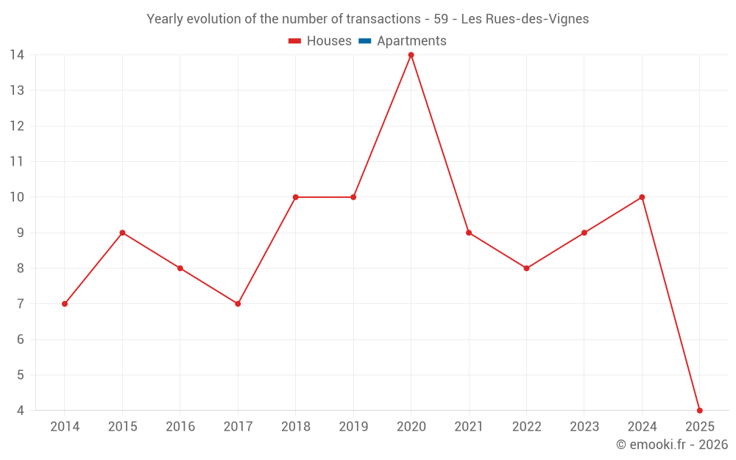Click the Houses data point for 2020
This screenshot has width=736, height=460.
point(411,55)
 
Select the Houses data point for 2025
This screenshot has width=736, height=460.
point(699,410)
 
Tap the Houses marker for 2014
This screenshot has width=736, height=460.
point(65,303)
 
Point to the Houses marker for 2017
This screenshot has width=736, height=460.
point(238,303)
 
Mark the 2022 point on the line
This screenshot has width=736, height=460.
point(526,268)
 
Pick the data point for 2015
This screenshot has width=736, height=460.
point(122,233)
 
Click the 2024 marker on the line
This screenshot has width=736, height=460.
point(642,197)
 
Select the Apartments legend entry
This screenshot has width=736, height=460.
point(411,41)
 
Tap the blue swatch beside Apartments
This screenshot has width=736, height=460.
point(364,41)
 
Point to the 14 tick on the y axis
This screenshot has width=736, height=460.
point(17,55)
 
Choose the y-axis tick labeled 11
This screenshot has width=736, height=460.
point(17,162)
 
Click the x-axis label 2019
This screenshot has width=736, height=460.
point(353,427)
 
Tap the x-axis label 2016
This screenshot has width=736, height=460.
point(180,427)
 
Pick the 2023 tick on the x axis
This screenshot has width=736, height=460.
point(584,427)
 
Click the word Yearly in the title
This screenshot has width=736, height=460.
point(165,19)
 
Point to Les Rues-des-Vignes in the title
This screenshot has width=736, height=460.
point(525,19)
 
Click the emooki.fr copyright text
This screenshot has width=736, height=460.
point(672,445)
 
